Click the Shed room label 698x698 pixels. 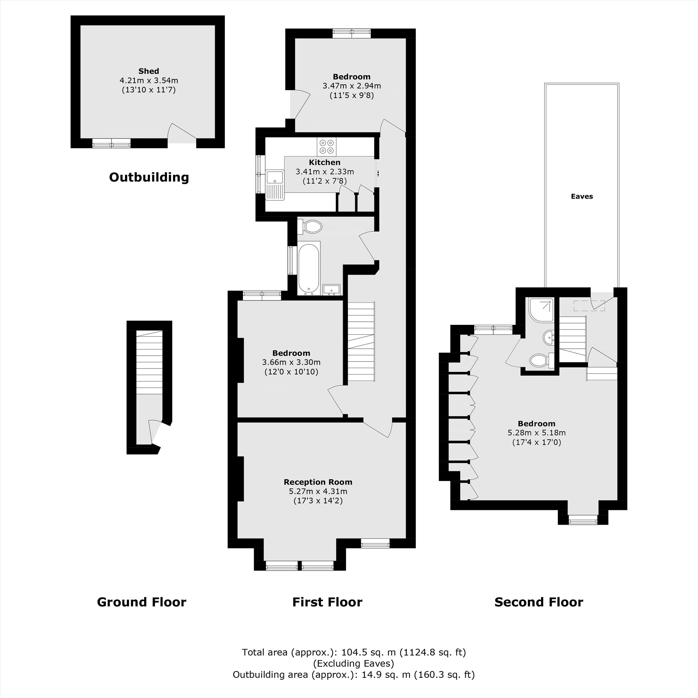pos(148,71)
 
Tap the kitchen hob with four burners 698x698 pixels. pos(327,146)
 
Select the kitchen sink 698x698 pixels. pos(275,178)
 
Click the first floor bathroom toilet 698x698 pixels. pos(312,227)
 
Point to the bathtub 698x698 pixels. pos(309,268)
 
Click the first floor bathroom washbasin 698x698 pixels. pos(331,289)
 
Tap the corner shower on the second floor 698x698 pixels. pos(541,310)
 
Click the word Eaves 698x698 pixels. pos(582,196)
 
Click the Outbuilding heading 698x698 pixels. pos(149,177)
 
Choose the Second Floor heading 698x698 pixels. pos(538,602)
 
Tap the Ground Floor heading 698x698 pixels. pos(141,602)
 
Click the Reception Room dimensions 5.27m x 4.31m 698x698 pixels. pos(318,491)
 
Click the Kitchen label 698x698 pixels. pos(325,163)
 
